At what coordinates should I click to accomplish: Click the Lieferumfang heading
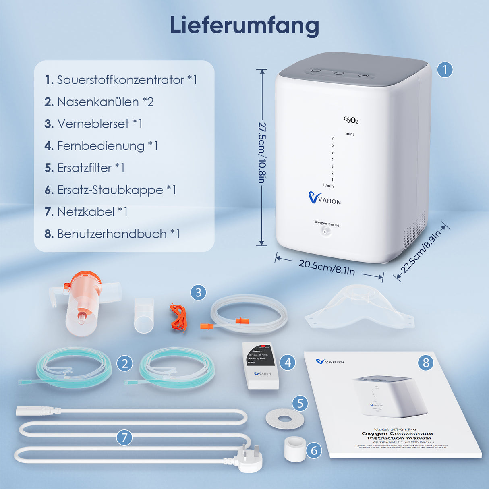point(244,25)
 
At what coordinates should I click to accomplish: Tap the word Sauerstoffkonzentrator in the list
point(120,80)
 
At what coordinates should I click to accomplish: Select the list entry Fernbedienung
point(101,146)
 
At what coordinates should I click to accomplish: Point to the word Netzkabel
point(86,212)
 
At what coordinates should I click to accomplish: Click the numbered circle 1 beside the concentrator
point(445,70)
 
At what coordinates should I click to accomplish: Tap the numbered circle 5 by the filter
point(300,403)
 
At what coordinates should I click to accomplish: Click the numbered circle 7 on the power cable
point(124,437)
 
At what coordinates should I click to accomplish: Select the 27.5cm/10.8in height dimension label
point(262,153)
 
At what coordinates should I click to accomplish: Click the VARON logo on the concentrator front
point(324,199)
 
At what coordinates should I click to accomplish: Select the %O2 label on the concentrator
point(351,120)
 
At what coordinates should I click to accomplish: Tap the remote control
point(261,365)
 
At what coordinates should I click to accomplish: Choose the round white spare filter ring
point(285,419)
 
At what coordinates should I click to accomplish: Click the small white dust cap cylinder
point(294,449)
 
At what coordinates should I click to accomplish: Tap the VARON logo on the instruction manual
point(330,362)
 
